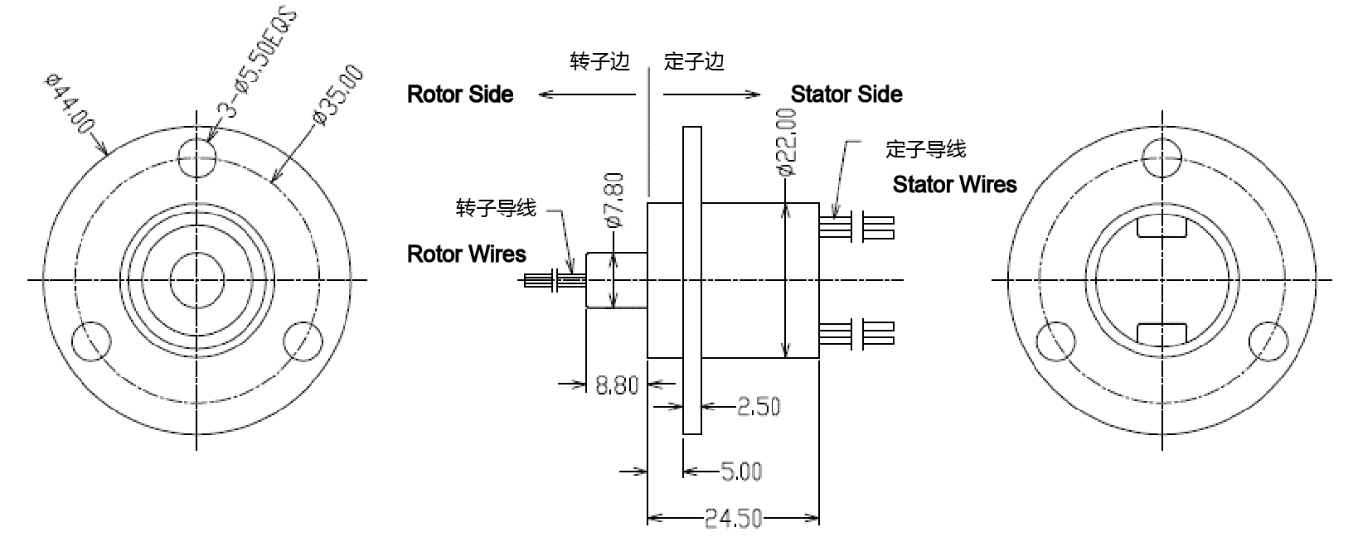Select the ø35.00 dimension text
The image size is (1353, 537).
(339, 95)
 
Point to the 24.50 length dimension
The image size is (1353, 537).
(733, 520)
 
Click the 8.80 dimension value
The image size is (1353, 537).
(617, 385)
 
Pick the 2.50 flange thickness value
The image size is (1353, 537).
(758, 407)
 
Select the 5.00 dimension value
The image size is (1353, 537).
(740, 472)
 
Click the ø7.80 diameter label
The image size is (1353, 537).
(614, 200)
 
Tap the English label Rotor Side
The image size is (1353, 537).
(460, 94)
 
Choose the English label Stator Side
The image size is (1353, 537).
(846, 94)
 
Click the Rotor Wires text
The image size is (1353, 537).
(467, 254)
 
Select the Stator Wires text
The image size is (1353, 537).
(954, 184)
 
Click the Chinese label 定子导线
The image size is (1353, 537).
(925, 149)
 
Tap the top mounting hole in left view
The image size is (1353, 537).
(197, 155)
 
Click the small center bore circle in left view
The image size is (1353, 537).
(197, 280)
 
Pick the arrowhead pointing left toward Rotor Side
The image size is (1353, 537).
(544, 94)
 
